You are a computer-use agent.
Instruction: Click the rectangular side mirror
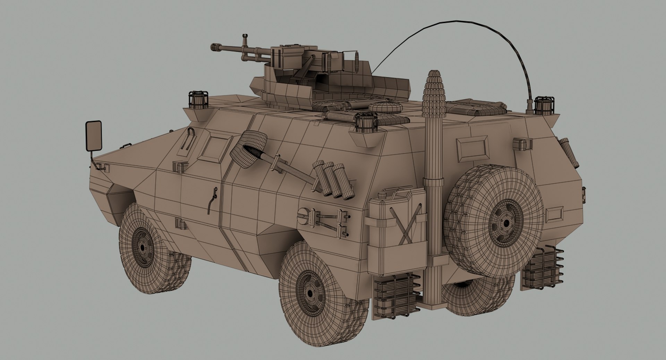93,136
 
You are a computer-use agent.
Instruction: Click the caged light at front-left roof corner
198,100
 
